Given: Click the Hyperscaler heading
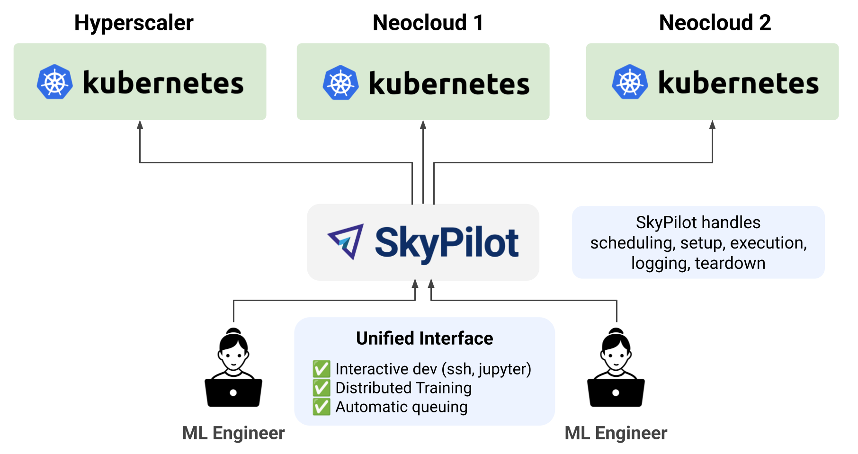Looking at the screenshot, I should click(134, 23).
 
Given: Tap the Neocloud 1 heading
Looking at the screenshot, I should click(428, 23).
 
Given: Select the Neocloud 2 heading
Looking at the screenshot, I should click(715, 23).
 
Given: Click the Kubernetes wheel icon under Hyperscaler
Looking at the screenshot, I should click(55, 82).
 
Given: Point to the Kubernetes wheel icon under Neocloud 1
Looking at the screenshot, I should click(340, 83).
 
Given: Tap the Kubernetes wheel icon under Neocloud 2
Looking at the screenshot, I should click(630, 82).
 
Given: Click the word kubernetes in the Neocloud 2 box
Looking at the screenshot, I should click(738, 83).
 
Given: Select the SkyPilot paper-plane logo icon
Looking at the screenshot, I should click(347, 241).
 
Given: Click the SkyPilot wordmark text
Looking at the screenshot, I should click(447, 242).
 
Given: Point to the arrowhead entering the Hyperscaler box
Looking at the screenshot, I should click(140, 125).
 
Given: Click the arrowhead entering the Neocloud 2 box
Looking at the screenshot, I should click(712, 125).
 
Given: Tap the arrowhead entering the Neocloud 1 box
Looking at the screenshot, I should click(423, 125).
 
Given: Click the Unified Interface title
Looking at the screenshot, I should click(424, 338).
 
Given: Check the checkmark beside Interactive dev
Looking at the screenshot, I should click(321, 369).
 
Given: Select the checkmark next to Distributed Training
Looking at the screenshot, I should click(321, 388).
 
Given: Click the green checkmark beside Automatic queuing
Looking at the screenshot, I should click(321, 407).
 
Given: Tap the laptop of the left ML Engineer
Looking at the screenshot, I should click(233, 392).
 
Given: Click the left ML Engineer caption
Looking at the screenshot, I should click(233, 433).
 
